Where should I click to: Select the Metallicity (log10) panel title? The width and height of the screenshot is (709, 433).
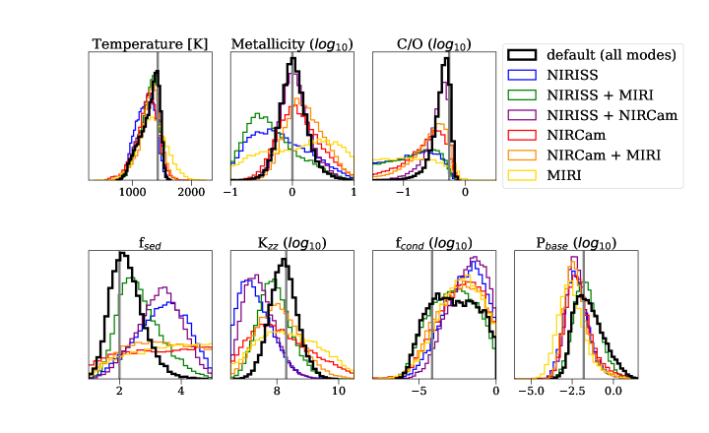coord(291,44)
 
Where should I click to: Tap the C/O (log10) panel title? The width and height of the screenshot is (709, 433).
coord(433,44)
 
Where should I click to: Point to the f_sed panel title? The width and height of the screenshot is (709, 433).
coord(150,244)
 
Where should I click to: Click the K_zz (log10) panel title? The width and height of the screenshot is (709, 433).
coord(291,244)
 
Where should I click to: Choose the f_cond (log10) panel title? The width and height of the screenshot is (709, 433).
coord(433,244)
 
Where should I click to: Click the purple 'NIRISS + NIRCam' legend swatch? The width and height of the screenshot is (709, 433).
coord(528,115)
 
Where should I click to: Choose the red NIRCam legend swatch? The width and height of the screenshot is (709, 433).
coord(528,135)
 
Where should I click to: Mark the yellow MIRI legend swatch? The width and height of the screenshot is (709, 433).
coord(528,174)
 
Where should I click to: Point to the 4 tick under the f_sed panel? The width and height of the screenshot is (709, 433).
coord(181,391)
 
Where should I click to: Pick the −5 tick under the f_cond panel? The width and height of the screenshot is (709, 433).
coord(418,391)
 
